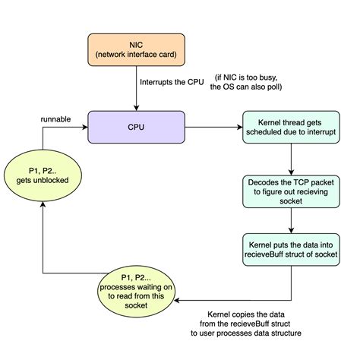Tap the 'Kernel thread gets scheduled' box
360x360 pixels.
point(292,125)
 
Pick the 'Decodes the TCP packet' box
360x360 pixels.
point(292,193)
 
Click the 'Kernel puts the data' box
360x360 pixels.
point(292,251)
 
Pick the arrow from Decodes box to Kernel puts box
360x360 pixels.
point(292,222)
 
